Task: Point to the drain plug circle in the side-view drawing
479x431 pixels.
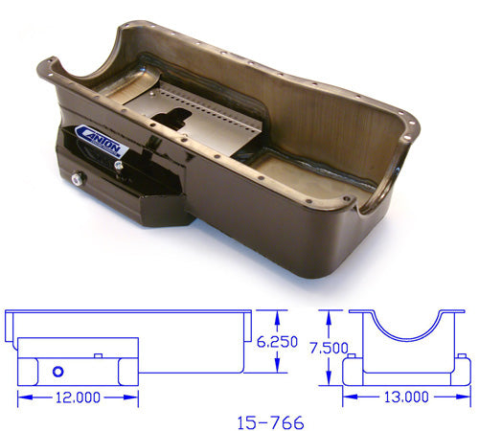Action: click(x=57, y=371)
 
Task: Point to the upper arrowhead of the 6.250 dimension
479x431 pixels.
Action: click(x=278, y=314)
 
